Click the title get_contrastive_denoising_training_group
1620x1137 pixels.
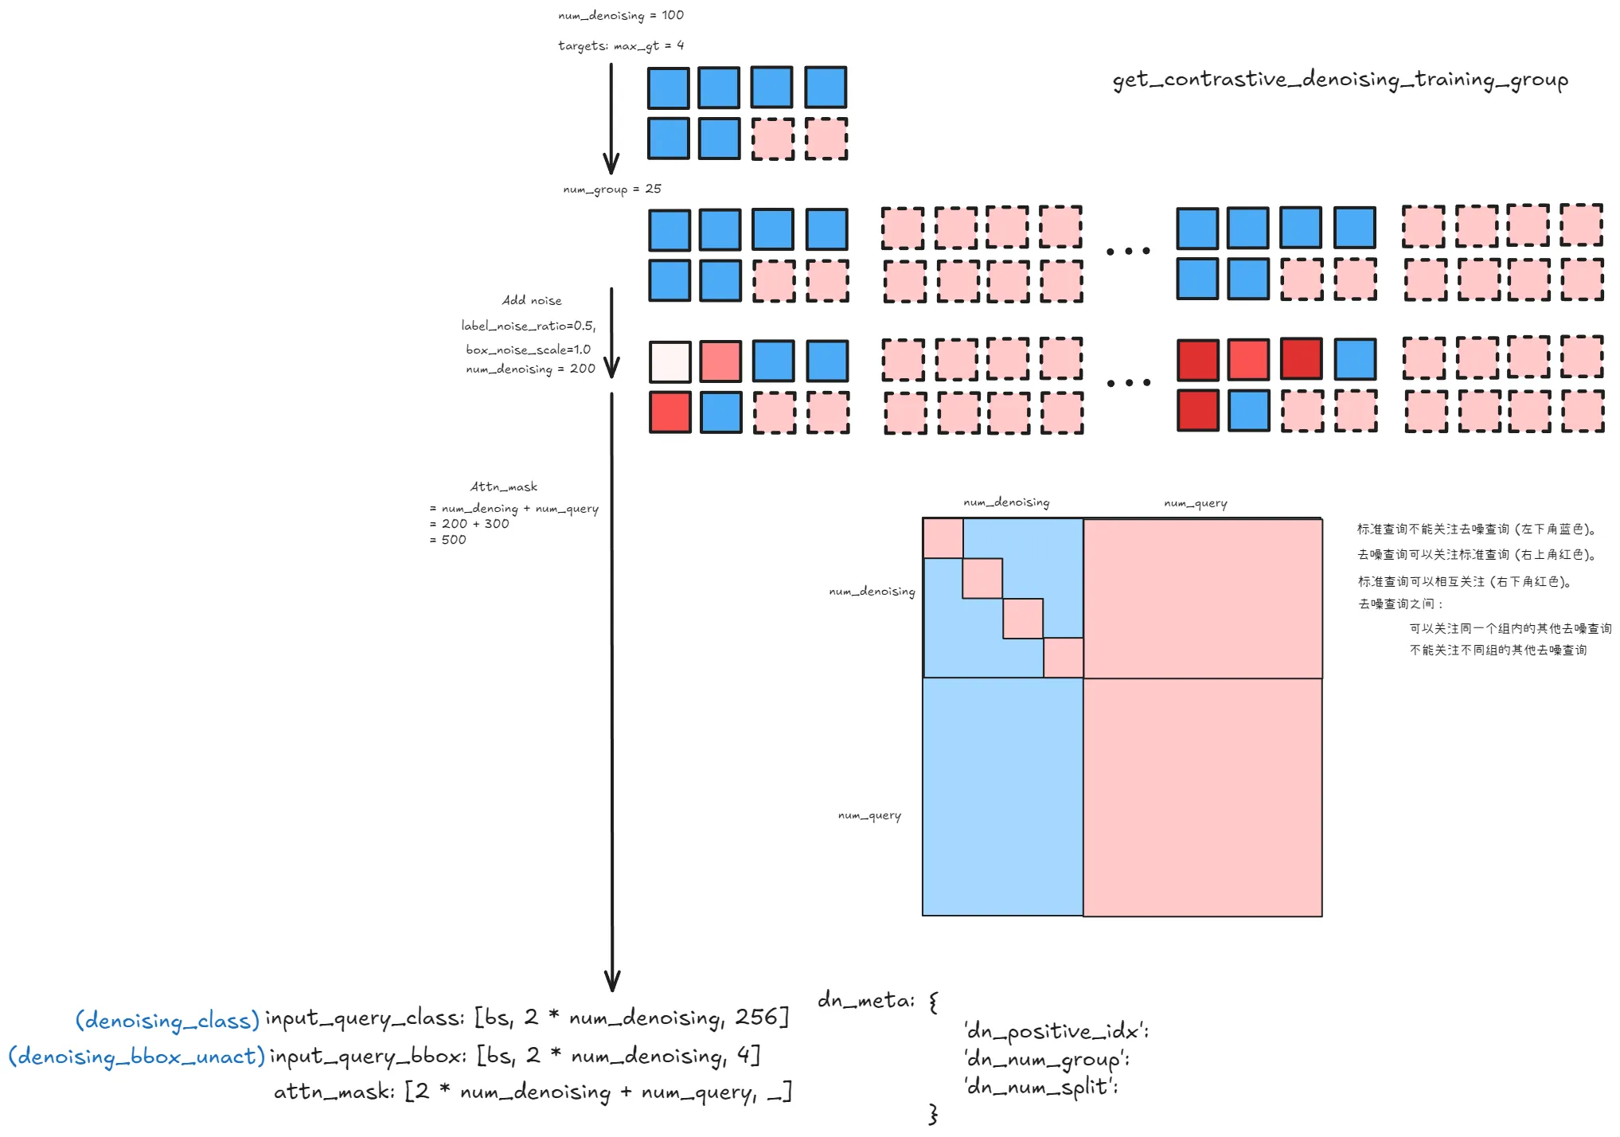[1340, 80]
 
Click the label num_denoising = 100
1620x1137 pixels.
[620, 15]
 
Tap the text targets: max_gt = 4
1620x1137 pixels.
[620, 45]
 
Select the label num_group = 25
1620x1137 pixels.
[611, 189]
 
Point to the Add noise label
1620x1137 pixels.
[532, 300]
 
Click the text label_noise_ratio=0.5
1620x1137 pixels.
[528, 326]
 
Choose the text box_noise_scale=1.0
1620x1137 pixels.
[528, 350]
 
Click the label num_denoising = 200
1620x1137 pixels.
[530, 369]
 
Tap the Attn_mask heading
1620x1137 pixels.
[503, 486]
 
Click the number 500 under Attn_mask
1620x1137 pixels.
[454, 540]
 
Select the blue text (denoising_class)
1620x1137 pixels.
[167, 1020]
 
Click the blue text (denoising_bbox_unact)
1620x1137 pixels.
[136, 1057]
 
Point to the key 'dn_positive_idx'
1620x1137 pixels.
[1056, 1031]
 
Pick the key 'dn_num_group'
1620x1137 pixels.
[1046, 1060]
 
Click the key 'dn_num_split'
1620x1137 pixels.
[1041, 1087]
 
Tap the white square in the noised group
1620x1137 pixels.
[669, 361]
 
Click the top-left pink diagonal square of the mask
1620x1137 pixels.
[943, 538]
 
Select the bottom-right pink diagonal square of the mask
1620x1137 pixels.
[1063, 658]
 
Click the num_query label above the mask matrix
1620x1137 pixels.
[1195, 503]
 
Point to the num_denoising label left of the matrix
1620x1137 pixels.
[872, 592]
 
